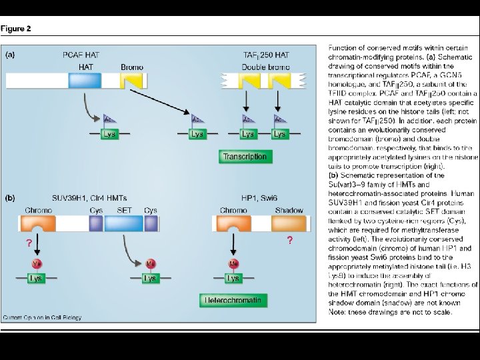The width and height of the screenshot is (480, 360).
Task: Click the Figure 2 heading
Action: [x=16, y=29]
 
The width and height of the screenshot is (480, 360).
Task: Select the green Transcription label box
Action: [x=245, y=157]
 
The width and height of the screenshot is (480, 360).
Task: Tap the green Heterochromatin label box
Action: [x=231, y=301]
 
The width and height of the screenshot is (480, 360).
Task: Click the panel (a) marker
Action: [x=11, y=55]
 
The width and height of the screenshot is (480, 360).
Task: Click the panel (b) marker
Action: [x=11, y=198]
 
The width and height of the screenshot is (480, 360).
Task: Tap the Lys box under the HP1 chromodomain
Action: [x=233, y=278]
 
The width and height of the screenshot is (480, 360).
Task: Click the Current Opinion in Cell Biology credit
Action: [x=42, y=317]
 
